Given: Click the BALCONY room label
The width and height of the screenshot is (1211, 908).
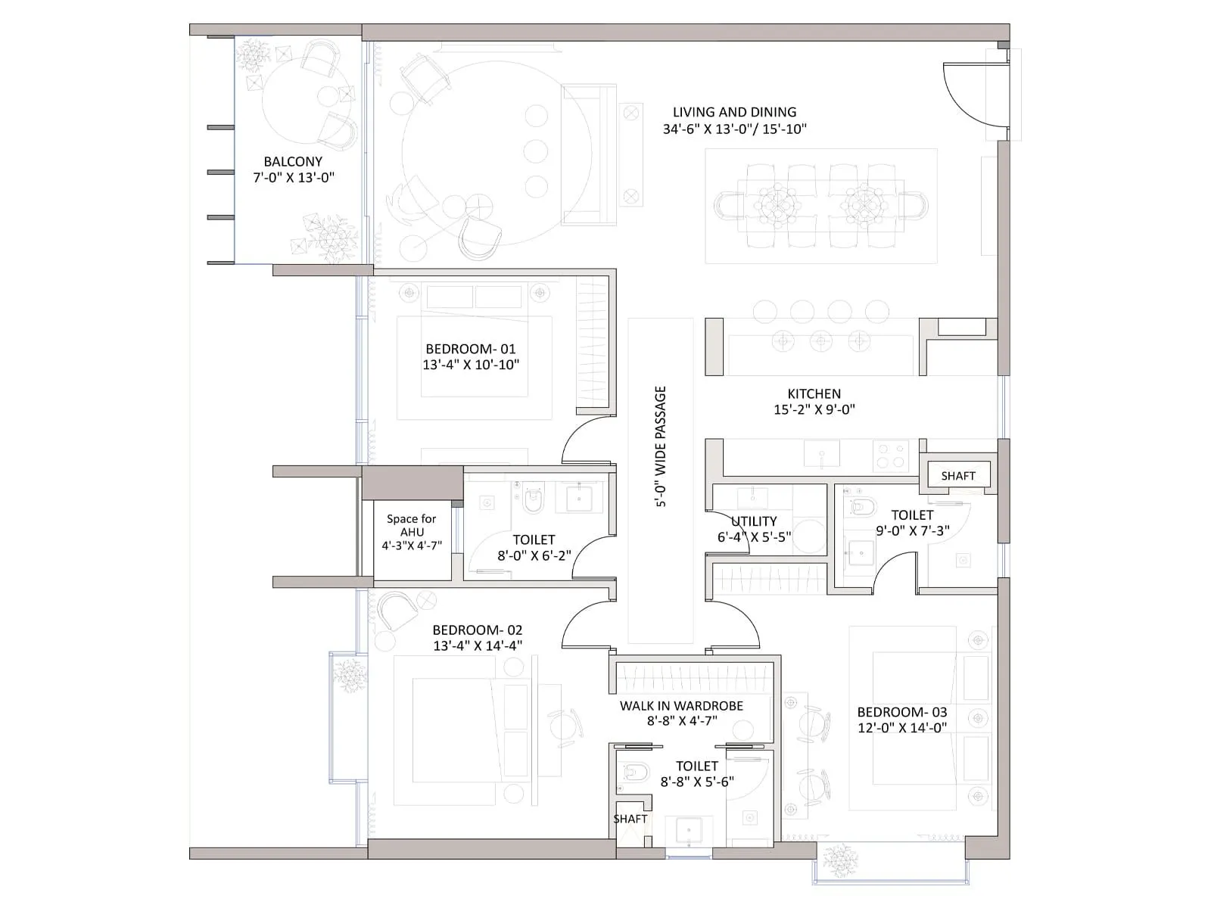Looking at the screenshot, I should coord(293,161).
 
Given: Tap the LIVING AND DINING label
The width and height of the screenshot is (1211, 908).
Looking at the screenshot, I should coord(734,112).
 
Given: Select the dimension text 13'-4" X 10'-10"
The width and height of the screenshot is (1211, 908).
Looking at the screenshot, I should coord(471,365).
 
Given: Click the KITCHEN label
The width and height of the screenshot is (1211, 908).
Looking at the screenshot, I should coord(814,393).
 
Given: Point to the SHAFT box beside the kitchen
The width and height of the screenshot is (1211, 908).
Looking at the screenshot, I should coord(958,476).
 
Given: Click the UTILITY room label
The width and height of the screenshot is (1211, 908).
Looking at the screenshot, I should coord(754,521).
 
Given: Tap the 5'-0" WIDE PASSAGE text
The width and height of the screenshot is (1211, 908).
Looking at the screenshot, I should coord(661,446).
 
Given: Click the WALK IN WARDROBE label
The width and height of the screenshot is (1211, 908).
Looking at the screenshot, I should coord(681,705).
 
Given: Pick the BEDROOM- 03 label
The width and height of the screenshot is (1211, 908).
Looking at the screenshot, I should coord(901,712).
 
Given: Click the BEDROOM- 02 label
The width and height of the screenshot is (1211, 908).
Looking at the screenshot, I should coord(477,630).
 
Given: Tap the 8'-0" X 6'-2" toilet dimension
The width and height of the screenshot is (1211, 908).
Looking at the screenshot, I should coord(534,555).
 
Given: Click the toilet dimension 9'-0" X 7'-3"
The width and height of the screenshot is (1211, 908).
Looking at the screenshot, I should coord(912,531).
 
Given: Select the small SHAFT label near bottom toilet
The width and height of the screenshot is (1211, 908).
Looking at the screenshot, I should coord(630,819).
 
